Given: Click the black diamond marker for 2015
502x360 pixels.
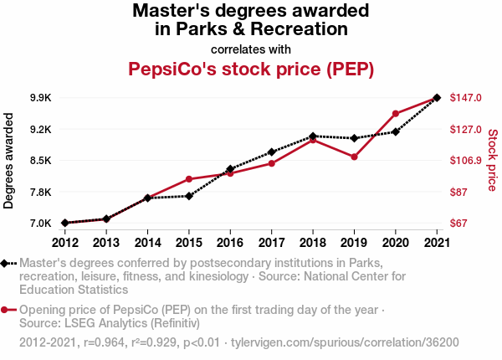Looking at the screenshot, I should (189, 196).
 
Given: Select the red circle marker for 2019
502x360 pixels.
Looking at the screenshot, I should (354, 157).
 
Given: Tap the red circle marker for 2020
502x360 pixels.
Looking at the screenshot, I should (396, 114).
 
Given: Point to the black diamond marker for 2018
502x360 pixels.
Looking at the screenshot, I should (313, 136).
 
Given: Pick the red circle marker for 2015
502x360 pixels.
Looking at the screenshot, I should (189, 179).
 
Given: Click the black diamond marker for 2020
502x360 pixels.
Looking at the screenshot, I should (396, 131).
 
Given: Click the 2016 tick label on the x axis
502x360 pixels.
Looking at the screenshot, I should (230, 243).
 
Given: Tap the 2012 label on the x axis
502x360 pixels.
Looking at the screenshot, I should (64, 243).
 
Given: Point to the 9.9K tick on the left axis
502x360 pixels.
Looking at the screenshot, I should (40, 98).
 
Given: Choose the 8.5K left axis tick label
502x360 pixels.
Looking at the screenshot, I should (40, 161).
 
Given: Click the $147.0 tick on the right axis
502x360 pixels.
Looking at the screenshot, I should (466, 98).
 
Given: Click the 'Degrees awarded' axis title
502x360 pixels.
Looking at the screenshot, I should (9, 160).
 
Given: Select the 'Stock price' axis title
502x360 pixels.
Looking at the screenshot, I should (492, 160).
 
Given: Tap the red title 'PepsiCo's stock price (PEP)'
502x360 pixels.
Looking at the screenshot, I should (251, 68).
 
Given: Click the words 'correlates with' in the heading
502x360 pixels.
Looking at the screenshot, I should (251, 49).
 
